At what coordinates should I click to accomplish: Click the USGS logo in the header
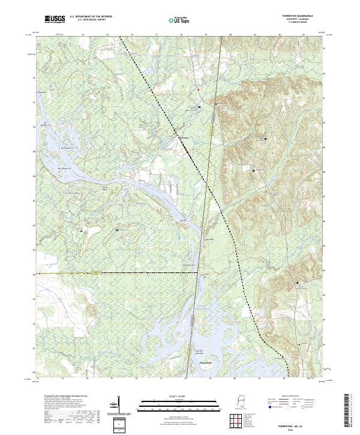tap(55, 19)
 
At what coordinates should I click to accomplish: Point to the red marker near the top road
tap(199, 91)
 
